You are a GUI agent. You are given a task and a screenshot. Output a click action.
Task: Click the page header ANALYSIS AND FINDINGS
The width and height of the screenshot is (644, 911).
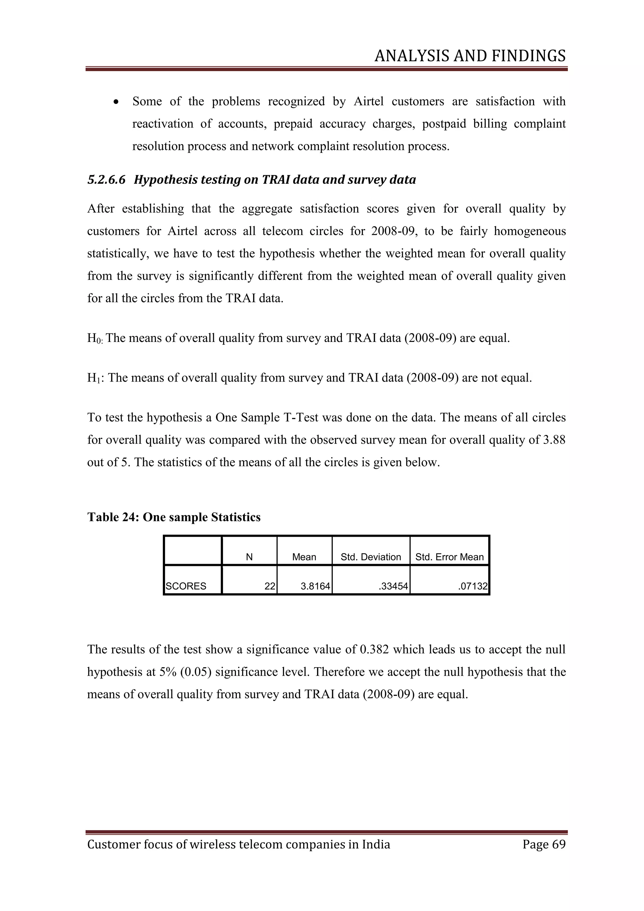pyautogui.click(x=470, y=56)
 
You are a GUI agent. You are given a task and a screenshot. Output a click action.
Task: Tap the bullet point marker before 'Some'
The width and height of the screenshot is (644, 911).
pyautogui.click(x=116, y=102)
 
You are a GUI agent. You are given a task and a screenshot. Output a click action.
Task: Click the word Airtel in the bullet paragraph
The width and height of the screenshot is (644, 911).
pyautogui.click(x=369, y=102)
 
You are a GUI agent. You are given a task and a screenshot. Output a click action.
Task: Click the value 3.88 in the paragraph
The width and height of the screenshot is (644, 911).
pyautogui.click(x=553, y=440)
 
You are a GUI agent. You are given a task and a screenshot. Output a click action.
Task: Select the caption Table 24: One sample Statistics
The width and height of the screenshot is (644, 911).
pyautogui.click(x=174, y=517)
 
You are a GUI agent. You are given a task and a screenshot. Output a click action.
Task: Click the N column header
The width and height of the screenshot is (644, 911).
pyautogui.click(x=249, y=557)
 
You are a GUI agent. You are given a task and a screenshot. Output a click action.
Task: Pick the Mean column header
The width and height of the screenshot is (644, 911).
pyautogui.click(x=304, y=557)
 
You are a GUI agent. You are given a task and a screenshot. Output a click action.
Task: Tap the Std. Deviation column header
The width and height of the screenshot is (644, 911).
pyautogui.click(x=371, y=557)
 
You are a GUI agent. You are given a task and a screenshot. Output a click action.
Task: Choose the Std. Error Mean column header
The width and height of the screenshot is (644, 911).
pyautogui.click(x=449, y=557)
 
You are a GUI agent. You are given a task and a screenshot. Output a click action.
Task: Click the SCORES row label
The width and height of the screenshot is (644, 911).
pyautogui.click(x=186, y=586)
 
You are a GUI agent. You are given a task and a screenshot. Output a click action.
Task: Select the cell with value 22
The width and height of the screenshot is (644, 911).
pyautogui.click(x=270, y=586)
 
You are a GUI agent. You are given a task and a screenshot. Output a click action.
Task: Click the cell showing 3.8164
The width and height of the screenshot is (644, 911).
pyautogui.click(x=315, y=586)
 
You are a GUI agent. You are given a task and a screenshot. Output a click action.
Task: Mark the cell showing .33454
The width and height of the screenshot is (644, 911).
pyautogui.click(x=393, y=586)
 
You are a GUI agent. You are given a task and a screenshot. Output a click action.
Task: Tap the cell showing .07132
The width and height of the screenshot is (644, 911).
pyautogui.click(x=472, y=586)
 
